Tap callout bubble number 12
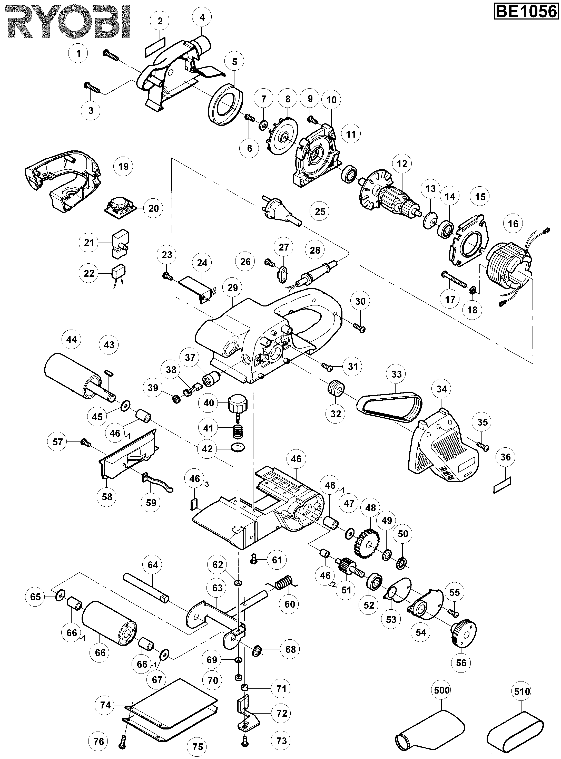(402, 164)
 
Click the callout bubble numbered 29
(233, 288)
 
